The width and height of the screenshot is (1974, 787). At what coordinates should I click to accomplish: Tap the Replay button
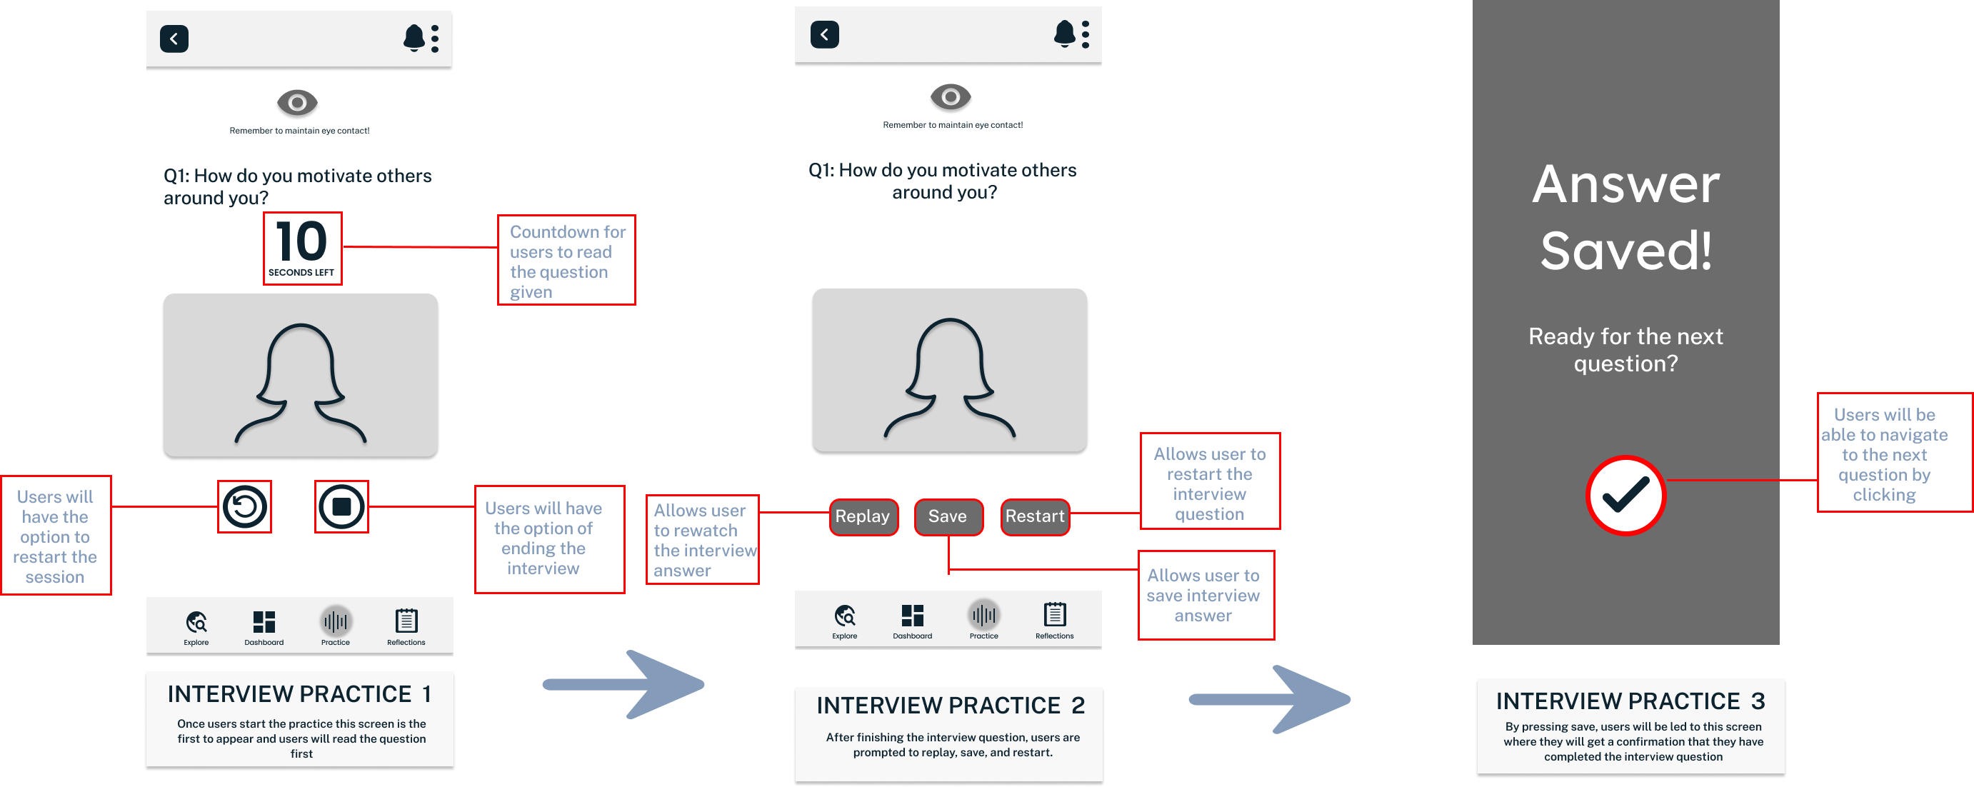click(x=863, y=516)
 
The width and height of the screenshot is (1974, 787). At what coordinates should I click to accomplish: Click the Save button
click(x=948, y=516)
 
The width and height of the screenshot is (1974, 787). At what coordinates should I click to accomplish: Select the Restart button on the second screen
click(x=1035, y=516)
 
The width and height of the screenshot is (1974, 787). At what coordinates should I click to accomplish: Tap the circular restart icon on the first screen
click(x=244, y=506)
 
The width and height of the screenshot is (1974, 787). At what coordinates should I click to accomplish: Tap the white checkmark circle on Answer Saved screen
click(x=1625, y=495)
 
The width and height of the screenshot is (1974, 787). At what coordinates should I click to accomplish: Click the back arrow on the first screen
click(x=174, y=39)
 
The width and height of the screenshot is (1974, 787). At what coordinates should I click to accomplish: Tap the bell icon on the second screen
click(x=1064, y=34)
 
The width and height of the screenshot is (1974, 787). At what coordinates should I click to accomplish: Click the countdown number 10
click(x=301, y=241)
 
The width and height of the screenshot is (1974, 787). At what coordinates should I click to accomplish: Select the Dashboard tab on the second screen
click(x=912, y=620)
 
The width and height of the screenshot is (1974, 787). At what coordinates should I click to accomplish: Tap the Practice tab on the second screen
click(x=984, y=619)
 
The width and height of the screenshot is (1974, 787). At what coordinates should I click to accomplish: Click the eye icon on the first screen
click(x=297, y=102)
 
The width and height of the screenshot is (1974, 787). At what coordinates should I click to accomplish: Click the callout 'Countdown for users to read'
click(x=566, y=261)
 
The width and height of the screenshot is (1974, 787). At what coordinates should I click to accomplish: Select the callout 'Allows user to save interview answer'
click(x=1204, y=596)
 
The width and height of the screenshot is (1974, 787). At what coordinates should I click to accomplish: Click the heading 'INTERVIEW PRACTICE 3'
click(x=1630, y=701)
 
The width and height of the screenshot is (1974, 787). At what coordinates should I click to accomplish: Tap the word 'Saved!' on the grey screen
click(x=1625, y=250)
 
